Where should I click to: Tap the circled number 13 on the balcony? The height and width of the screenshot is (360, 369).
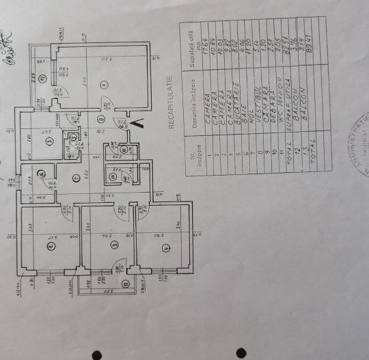tap(125, 283)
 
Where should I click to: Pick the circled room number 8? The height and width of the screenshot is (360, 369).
tap(101, 120)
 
